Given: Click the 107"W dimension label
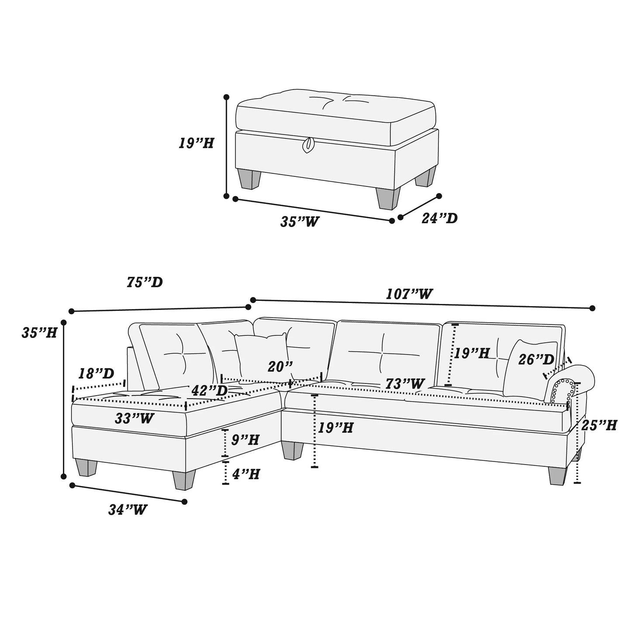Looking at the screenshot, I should (409, 294).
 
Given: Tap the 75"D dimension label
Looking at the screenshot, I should (145, 283).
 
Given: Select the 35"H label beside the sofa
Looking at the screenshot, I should (39, 333).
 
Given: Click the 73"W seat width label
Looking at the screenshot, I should (404, 384).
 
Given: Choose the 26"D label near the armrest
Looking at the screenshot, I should (536, 360).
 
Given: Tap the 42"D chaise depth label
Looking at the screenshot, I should (210, 390).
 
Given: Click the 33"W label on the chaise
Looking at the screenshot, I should (134, 419).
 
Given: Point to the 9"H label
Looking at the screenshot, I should (245, 440).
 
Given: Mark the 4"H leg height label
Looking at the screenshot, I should (246, 474).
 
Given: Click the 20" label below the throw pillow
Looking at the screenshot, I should (280, 367).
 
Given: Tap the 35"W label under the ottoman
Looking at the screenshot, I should (300, 222).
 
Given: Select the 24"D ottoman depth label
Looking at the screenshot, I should (439, 218).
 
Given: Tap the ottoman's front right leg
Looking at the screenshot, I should (388, 199).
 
